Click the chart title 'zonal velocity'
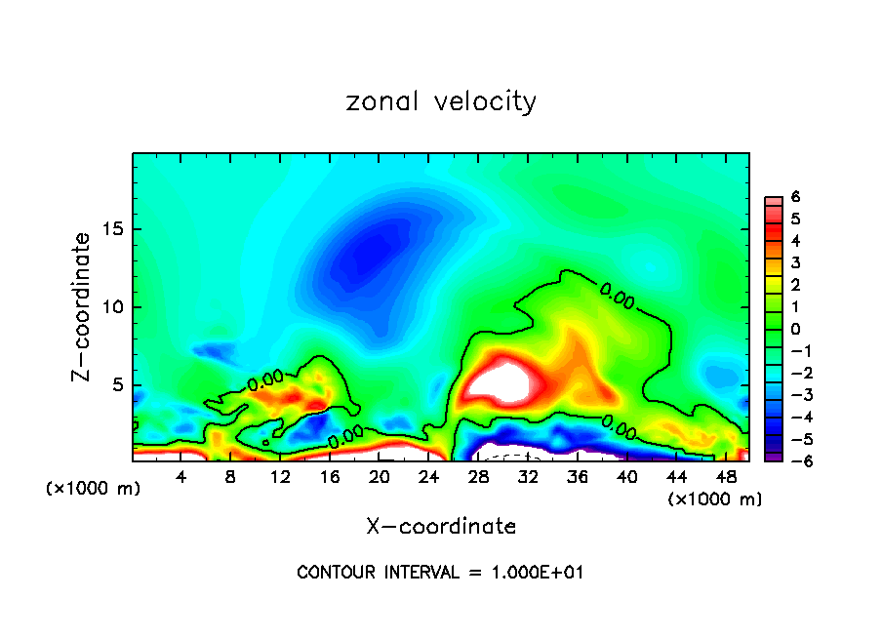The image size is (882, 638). pos(441,101)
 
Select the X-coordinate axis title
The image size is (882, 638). pos(441,527)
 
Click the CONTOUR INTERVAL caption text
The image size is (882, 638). pos(440,573)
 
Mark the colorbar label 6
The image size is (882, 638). pos(795,197)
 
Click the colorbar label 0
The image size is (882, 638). pos(795,329)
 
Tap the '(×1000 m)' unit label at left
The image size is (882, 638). pos(94,489)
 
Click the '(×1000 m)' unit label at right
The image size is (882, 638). pos(714,499)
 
